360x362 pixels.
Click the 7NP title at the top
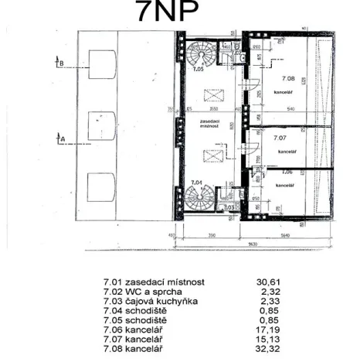coord(168,14)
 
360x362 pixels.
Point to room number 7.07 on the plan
coord(280,137)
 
